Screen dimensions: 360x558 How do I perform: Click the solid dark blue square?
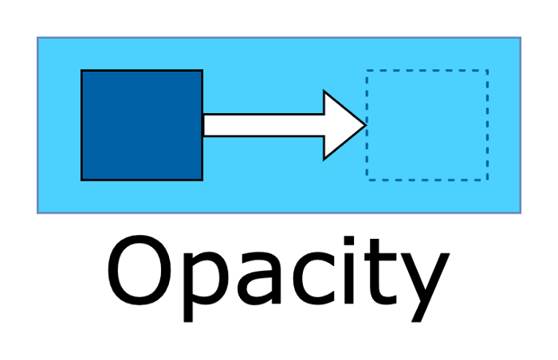pos(142,125)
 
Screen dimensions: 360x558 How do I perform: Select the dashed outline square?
pos(426,125)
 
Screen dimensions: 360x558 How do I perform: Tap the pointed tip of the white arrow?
pos(364,125)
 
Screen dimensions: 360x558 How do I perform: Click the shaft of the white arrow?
pos(263,125)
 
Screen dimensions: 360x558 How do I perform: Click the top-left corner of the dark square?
pos(82,71)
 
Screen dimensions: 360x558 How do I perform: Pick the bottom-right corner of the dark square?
pos(202,179)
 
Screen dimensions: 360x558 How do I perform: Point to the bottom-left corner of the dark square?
pos(82,179)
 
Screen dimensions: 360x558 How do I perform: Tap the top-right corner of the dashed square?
pos(487,71)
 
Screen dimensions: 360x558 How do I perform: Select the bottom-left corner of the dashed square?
pos(367,180)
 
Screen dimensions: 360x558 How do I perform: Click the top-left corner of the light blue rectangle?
pos(38,37)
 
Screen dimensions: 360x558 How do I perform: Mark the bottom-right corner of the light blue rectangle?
pos(520,213)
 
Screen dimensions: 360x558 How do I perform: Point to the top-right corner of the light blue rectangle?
pos(520,37)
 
